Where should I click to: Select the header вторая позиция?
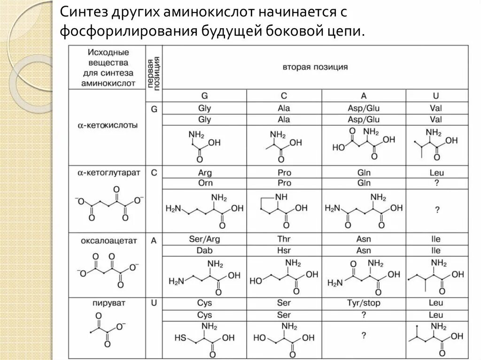click(315, 67)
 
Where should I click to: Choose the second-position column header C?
click(284, 96)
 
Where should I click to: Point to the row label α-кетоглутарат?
click(109, 173)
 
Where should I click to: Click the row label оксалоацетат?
click(109, 240)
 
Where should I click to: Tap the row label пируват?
click(109, 303)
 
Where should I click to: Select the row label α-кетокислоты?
click(108, 125)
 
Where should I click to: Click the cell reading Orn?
click(204, 183)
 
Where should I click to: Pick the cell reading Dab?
click(204, 251)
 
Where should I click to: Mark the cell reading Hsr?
click(284, 251)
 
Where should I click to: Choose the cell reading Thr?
click(284, 239)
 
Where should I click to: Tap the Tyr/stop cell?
click(364, 303)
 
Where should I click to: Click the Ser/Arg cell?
click(204, 239)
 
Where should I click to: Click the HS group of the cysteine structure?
click(179, 337)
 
